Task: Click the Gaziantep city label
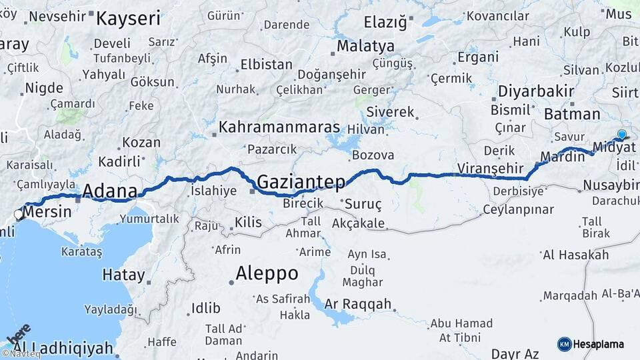point(301,182)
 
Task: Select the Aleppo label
point(267,273)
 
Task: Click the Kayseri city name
point(128,19)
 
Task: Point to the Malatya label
point(365,47)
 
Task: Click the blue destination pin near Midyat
point(622,135)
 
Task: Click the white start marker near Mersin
point(19,215)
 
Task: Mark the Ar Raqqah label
point(358,304)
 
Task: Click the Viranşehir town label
point(488,167)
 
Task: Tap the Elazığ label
point(385,23)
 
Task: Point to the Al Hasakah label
point(575,255)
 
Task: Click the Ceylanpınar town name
point(519,209)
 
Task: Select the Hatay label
point(123,274)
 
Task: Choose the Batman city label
point(572,114)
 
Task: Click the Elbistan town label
point(266,65)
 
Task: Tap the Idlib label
point(205,307)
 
